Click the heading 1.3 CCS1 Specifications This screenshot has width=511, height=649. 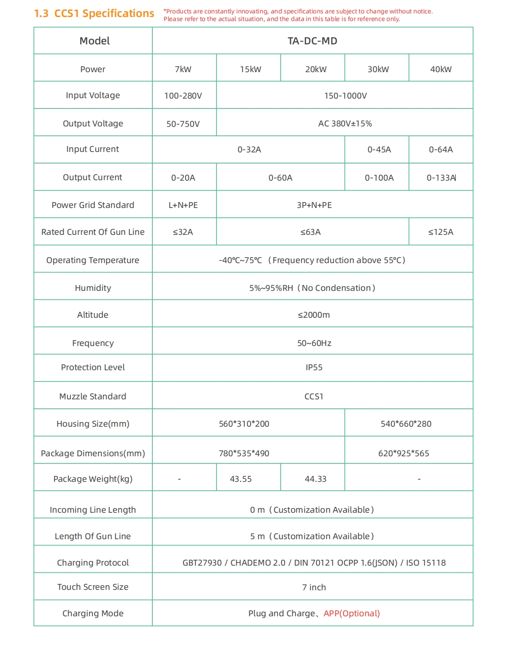(x=94, y=13)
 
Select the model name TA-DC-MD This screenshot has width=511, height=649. (x=312, y=41)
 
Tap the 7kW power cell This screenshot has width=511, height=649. (x=183, y=69)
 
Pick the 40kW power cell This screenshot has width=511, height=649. (x=441, y=69)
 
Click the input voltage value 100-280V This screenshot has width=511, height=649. (x=183, y=96)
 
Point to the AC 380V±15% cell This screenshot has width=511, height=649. (x=345, y=124)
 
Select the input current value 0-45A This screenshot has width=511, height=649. (x=379, y=150)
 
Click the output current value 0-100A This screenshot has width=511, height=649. (x=379, y=178)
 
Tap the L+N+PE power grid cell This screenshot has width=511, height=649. (x=183, y=205)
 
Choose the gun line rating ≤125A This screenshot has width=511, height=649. (x=441, y=232)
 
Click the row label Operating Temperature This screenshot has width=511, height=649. (x=93, y=260)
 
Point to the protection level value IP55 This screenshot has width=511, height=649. (x=314, y=368)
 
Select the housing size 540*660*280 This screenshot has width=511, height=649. (x=406, y=424)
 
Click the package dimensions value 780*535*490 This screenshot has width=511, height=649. (x=244, y=454)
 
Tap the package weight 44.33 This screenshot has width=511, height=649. (x=315, y=479)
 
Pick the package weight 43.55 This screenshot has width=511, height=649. (x=241, y=479)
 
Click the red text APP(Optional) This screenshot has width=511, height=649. (x=351, y=614)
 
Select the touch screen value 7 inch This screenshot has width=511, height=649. (x=314, y=588)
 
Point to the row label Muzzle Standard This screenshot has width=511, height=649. (x=93, y=397)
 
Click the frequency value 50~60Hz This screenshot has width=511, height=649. (x=314, y=343)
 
